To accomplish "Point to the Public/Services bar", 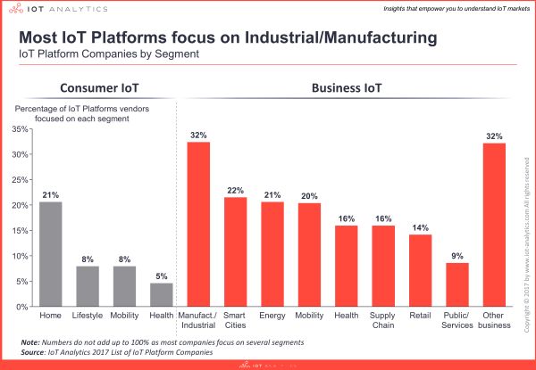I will tap(457, 284).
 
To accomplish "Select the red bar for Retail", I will tap(420, 271).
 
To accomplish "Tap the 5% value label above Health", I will tap(162, 275).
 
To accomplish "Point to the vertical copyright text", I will tap(526, 223).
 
